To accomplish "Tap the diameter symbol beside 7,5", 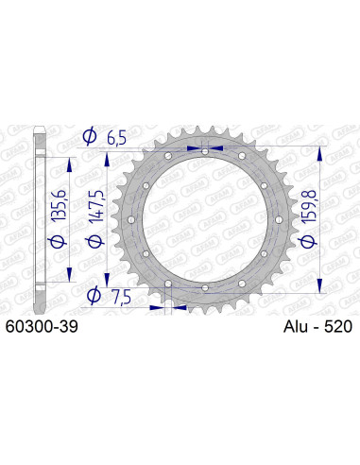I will [x=93, y=296].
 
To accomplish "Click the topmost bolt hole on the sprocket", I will [x=206, y=149].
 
